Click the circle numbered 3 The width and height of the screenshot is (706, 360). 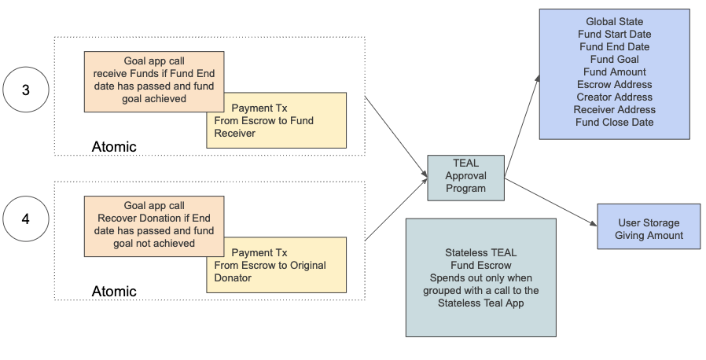(x=25, y=90)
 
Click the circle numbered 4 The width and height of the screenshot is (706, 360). (x=25, y=219)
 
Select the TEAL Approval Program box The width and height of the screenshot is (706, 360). (x=465, y=176)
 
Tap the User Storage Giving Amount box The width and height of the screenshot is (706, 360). (x=648, y=229)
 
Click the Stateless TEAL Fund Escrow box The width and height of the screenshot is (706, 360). (x=480, y=277)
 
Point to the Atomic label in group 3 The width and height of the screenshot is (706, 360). (x=113, y=146)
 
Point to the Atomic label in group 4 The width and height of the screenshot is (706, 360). (x=113, y=291)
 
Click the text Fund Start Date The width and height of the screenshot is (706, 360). (x=614, y=34)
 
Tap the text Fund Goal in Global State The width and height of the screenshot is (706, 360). (x=614, y=59)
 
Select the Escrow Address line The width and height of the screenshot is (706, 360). (x=614, y=84)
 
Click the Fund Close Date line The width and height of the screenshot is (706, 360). (x=614, y=122)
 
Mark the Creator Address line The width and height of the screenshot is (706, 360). (x=614, y=97)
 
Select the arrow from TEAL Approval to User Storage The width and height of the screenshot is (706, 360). (x=550, y=204)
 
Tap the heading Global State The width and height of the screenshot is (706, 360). (x=614, y=21)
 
